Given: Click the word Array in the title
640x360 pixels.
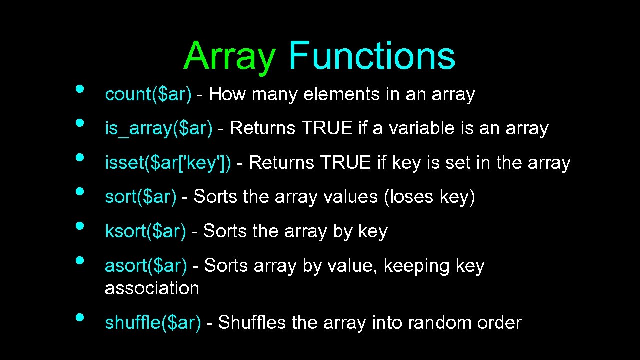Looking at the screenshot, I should (229, 56).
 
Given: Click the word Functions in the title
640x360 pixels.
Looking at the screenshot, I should (372, 56).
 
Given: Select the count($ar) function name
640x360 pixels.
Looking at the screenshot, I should (148, 94).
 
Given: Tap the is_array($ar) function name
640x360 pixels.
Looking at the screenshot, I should (158, 129).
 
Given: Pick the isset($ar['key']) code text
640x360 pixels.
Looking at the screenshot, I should (168, 163).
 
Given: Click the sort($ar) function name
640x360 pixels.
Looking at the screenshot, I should (140, 197).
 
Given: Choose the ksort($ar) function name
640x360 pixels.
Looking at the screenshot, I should (145, 231).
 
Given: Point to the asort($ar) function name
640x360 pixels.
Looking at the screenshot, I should (146, 266).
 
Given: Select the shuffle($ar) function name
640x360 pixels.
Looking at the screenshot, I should (153, 323).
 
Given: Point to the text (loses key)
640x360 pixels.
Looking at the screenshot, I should (429, 197).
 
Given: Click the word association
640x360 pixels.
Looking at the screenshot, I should (152, 288).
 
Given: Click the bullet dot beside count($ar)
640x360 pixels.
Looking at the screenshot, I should (79, 89).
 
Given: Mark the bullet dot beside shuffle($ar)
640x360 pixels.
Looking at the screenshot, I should (79, 317).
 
